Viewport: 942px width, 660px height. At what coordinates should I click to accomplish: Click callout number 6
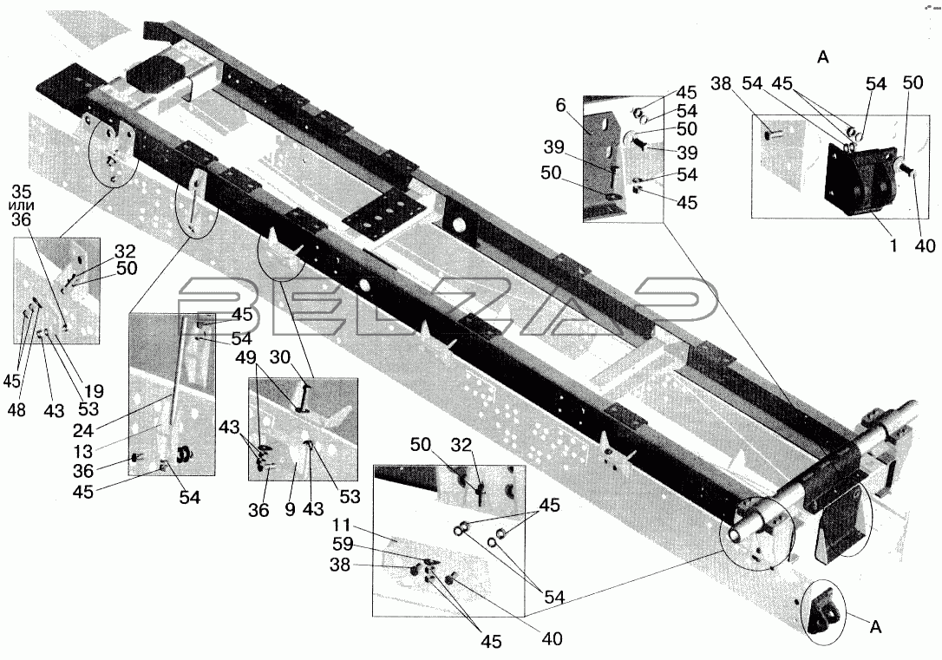[x=560, y=107]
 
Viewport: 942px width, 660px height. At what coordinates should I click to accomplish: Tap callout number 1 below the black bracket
[x=893, y=245]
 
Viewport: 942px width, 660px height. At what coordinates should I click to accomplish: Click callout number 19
[x=93, y=391]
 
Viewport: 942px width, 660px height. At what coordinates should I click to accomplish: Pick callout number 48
[x=17, y=411]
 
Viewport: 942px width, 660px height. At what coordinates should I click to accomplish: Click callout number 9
[x=291, y=509]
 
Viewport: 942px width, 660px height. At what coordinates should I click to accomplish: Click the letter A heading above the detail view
[x=823, y=57]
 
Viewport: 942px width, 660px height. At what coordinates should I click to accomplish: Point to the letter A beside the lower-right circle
[x=876, y=628]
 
